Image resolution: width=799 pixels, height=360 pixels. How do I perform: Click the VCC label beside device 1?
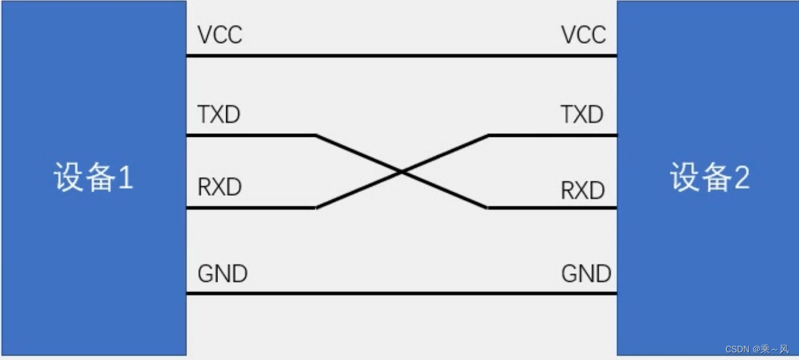(x=220, y=35)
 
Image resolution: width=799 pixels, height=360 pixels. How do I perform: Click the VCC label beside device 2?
(x=584, y=35)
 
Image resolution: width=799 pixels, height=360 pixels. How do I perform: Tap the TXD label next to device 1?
(x=219, y=115)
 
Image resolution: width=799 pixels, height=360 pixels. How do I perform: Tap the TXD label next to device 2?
(x=582, y=115)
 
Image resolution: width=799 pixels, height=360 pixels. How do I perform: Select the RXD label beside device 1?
(x=219, y=188)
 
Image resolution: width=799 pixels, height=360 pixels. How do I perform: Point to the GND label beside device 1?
(x=222, y=274)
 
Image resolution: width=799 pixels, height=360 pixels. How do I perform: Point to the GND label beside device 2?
(x=586, y=274)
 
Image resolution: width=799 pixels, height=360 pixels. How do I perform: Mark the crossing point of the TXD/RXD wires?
(x=402, y=171)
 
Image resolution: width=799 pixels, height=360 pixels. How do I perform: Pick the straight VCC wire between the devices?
(x=402, y=56)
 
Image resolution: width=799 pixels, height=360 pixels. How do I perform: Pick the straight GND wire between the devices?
(x=402, y=293)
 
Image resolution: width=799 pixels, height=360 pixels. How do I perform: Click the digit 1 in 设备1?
(x=125, y=179)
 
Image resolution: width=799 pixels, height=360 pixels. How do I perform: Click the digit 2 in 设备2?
(x=741, y=179)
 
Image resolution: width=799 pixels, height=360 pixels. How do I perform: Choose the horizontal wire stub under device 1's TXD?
(x=250, y=135)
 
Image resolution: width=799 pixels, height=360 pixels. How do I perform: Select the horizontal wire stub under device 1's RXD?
(x=250, y=207)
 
